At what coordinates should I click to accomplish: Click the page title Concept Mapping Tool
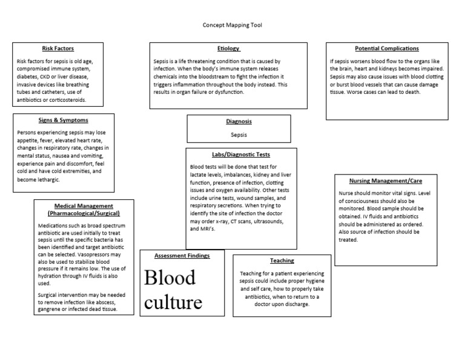point(232,25)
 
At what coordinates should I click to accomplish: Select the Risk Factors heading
point(58,48)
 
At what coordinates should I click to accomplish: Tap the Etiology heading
point(228,48)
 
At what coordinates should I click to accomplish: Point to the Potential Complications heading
point(386,48)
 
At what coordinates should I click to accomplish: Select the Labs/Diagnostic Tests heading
point(232,155)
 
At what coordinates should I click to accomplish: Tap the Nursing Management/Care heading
point(386,181)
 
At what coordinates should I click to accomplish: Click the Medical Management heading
point(84,206)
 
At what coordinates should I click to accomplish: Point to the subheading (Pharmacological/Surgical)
point(84,213)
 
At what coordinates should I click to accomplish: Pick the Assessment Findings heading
point(182,256)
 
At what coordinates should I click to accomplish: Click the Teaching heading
point(283,261)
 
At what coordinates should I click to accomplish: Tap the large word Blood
point(171,278)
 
